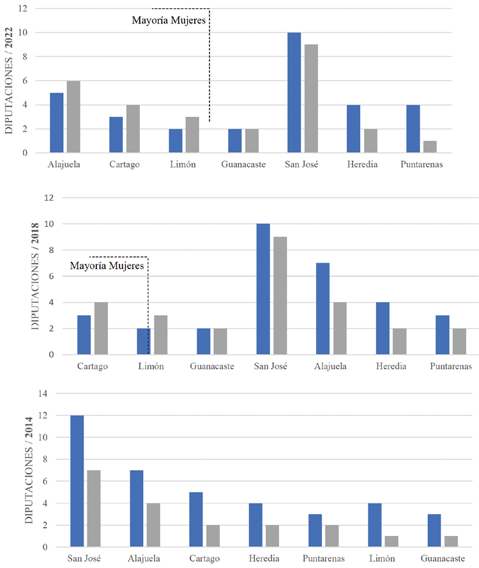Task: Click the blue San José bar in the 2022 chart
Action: tap(294, 93)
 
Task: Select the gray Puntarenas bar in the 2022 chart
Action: tap(430, 147)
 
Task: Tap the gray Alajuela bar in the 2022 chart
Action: tap(73, 117)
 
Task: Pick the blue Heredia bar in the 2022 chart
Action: tap(353, 129)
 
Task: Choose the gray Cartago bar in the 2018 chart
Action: tap(101, 328)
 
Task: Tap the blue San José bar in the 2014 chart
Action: tap(77, 481)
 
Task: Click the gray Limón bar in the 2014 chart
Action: tap(391, 541)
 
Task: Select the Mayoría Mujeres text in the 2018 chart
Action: tap(107, 265)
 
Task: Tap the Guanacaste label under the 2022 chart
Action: tap(243, 164)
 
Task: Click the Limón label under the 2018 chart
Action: tap(151, 366)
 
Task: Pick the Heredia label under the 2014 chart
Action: tap(263, 558)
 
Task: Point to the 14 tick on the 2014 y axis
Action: tap(43, 394)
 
